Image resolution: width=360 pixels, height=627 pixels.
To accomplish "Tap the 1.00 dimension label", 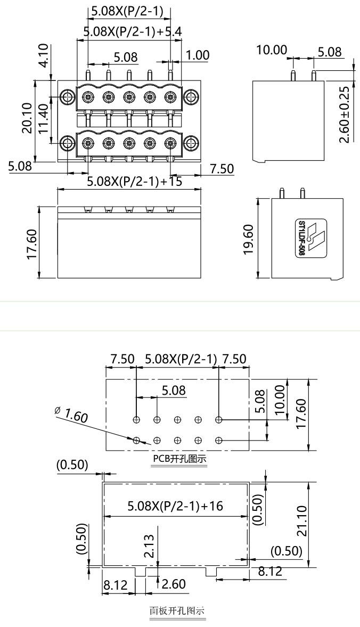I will coord(198,55).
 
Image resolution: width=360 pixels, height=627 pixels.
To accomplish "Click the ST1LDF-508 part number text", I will coord(302,238).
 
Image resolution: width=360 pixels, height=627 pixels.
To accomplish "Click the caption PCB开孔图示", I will coord(179,459).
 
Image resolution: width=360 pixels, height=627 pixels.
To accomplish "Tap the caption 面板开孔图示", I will coord(177,611).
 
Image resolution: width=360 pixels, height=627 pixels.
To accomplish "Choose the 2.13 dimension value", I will coord(150,545).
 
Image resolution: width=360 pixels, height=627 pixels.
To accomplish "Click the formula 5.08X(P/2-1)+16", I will coord(175,506).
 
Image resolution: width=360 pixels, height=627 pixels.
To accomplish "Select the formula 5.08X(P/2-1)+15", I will coord(135,181).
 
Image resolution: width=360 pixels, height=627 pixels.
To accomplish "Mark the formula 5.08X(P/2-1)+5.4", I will coord(133,31).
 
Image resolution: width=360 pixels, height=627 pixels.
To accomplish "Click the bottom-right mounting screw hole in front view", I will coord(190,143).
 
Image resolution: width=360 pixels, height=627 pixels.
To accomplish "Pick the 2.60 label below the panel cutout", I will coord(173,584).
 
